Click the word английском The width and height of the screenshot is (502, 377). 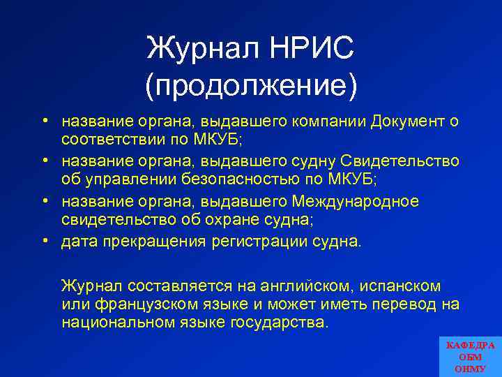(x=310, y=286)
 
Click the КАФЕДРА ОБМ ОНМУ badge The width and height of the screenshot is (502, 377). (x=470, y=356)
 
